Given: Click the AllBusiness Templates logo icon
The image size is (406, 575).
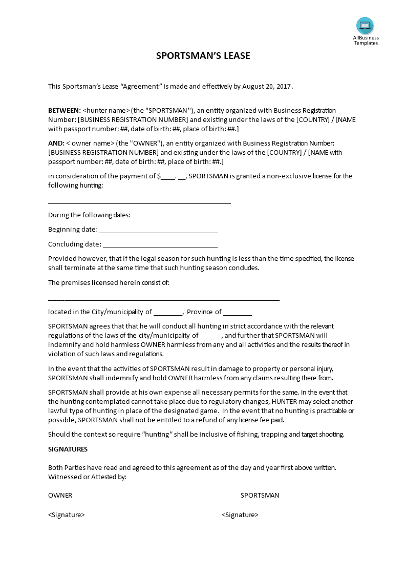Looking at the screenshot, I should [x=365, y=26].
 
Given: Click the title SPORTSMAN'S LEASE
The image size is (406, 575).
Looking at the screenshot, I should [x=203, y=56].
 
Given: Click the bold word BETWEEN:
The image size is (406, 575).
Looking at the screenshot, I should [x=65, y=110].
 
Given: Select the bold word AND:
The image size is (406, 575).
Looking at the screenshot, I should [x=56, y=143].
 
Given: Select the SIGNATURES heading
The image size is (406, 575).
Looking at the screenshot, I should [x=68, y=449].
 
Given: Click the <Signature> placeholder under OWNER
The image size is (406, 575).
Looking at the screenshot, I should [x=67, y=515].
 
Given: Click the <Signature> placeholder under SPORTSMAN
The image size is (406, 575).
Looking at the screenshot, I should [x=240, y=515].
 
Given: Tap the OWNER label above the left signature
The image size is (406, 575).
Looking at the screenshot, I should [x=60, y=496].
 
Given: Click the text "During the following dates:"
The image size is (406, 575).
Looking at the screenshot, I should [x=89, y=215].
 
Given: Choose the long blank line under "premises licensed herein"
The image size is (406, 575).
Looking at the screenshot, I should [x=164, y=299].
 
